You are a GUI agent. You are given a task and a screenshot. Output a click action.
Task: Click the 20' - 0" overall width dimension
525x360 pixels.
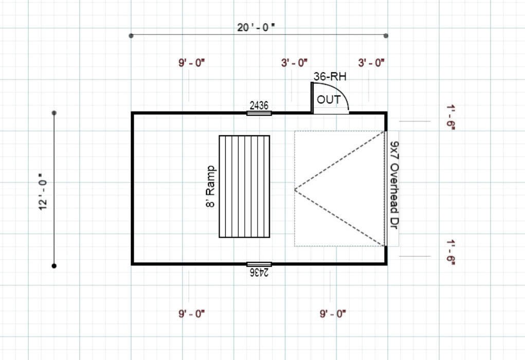256,27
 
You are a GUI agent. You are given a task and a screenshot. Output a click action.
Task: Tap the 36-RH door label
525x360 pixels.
330,77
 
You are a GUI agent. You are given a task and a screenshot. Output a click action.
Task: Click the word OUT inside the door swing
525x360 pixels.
329,99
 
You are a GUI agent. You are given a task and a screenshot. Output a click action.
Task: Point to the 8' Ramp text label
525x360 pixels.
210,186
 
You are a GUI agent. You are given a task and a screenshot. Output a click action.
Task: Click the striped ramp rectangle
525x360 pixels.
244,186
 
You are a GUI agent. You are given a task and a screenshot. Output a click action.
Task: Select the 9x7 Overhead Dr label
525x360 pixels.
394,186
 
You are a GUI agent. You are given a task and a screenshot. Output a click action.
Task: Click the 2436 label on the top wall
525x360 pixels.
259,105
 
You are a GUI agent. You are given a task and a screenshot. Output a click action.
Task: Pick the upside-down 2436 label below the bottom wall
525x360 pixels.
259,272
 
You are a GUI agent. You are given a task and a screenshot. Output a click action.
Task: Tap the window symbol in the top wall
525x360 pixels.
259,113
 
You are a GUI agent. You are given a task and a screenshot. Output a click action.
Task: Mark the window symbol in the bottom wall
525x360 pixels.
259,264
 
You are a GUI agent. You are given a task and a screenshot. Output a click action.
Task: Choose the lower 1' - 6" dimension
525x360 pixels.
451,252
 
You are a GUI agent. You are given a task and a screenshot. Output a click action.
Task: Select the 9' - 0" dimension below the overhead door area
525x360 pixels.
333,313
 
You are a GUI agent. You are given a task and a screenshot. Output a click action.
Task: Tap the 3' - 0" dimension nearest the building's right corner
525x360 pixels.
371,63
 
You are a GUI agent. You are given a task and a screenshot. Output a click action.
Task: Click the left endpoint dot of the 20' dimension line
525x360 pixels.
132,35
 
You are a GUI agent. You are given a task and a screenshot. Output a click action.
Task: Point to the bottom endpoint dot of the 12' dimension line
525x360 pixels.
54,266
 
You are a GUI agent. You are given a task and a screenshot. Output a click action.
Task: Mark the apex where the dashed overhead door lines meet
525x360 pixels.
295,189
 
